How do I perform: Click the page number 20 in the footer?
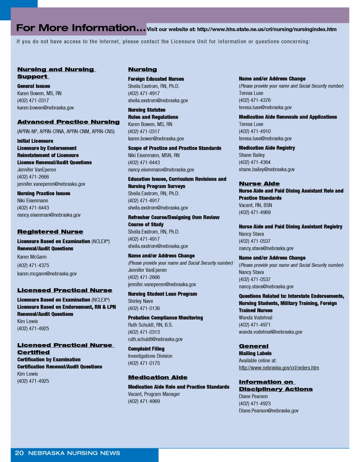point(19,453)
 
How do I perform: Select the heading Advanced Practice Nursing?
point(68,122)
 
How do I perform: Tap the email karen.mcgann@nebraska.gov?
point(47,274)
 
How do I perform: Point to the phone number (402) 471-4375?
point(33,265)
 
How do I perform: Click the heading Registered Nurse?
point(50,232)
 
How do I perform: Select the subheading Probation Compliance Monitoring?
point(165,318)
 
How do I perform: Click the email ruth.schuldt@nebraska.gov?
point(155,339)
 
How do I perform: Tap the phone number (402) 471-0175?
point(144,363)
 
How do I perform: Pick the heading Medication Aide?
point(157,377)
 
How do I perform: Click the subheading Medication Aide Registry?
point(267,148)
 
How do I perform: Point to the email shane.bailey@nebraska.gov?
point(267,169)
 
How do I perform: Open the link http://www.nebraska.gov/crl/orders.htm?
point(279,368)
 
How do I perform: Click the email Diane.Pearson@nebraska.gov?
point(268,411)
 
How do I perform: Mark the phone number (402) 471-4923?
point(255,403)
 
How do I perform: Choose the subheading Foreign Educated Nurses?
point(156,79)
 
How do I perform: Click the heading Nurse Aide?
point(259,183)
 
